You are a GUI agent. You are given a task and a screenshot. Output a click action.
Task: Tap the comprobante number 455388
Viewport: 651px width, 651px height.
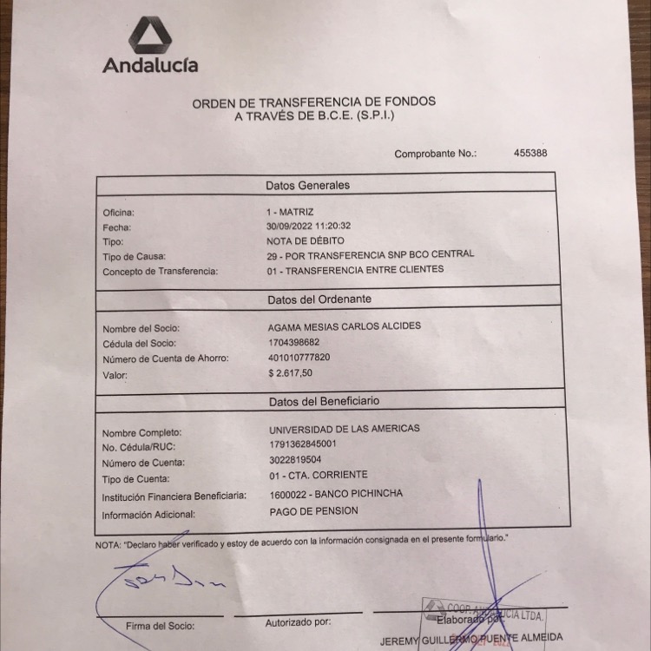[x=530, y=153]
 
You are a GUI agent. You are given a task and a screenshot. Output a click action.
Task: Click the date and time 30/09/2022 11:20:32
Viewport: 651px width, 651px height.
[x=309, y=226]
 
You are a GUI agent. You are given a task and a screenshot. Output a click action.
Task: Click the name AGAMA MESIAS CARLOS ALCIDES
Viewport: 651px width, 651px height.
[x=345, y=325]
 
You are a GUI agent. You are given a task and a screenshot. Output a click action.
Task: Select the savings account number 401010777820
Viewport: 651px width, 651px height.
[x=300, y=358]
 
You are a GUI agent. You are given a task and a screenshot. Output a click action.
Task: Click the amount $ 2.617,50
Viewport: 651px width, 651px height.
[x=291, y=372]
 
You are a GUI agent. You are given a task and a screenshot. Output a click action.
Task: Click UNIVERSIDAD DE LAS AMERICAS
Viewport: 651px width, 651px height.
[x=345, y=429]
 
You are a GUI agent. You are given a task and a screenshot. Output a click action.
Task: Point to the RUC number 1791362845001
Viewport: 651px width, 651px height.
[x=302, y=444]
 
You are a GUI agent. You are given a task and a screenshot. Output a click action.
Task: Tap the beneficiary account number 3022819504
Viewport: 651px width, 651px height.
[x=295, y=460]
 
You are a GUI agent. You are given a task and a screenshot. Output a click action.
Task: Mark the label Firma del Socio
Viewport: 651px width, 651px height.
[x=161, y=625]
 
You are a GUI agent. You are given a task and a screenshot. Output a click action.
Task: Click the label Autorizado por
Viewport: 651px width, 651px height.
[x=298, y=621]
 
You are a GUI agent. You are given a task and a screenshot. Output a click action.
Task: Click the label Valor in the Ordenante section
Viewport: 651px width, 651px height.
[x=115, y=376]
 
